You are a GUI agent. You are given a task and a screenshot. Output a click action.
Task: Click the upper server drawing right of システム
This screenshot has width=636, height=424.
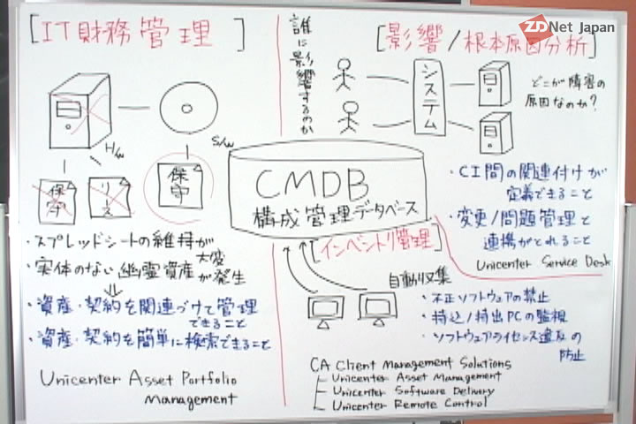[x=487, y=85]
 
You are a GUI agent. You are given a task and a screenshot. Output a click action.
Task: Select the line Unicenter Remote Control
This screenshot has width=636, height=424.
[x=409, y=405]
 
